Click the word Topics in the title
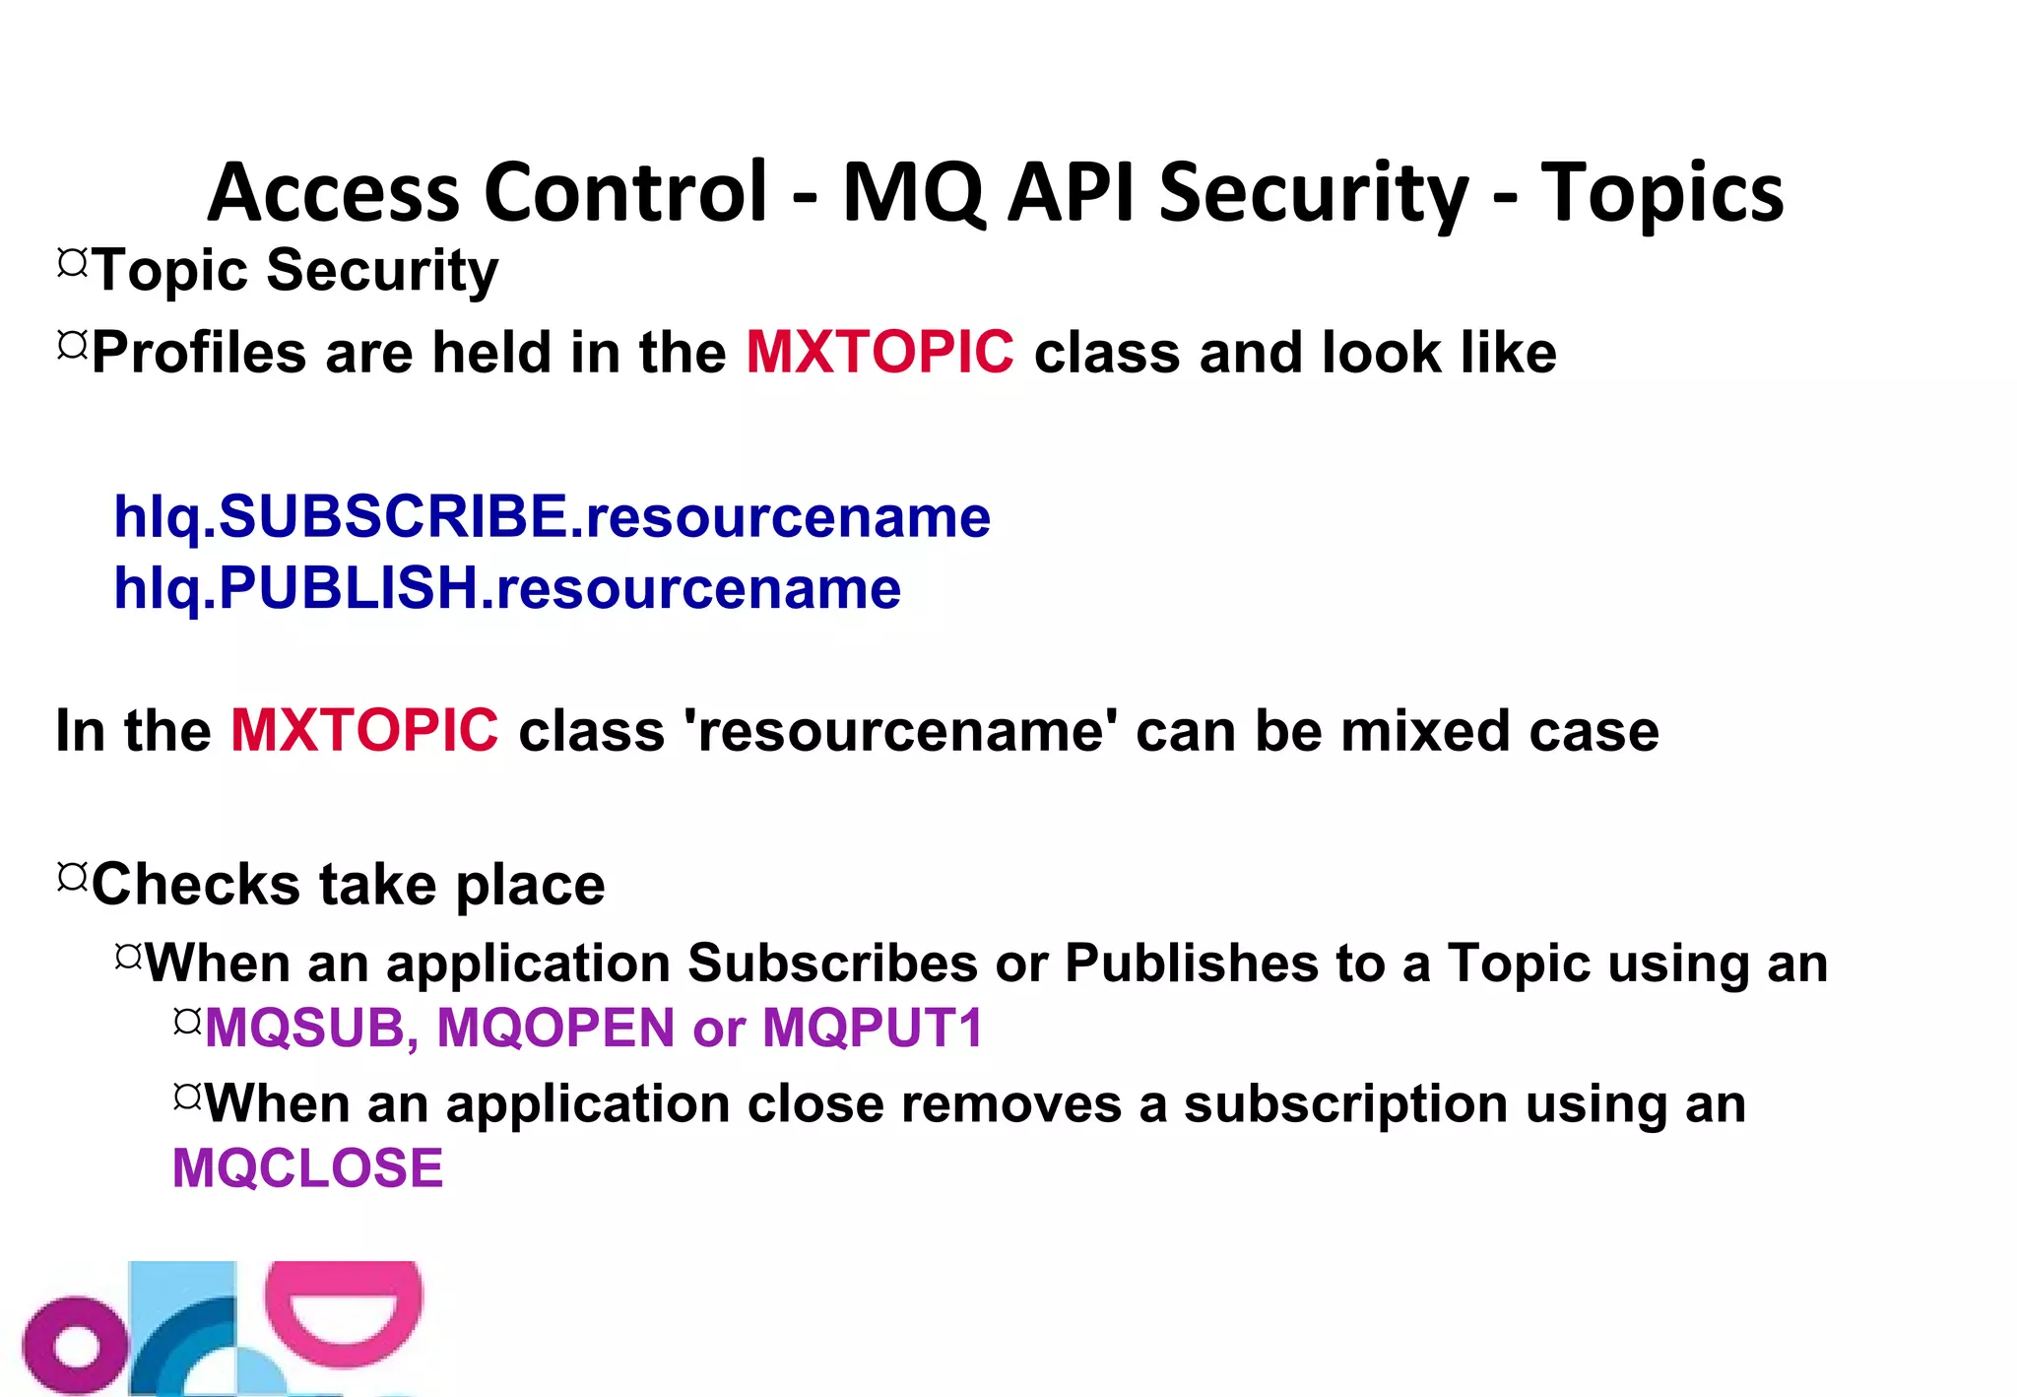pyautogui.click(x=1661, y=193)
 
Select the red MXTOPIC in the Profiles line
pyautogui.click(x=879, y=352)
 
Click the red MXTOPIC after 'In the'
pyautogui.click(x=364, y=730)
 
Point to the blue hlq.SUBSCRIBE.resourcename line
pyautogui.click(x=552, y=516)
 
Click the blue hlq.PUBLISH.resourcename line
pyautogui.click(x=507, y=588)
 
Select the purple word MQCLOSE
pyautogui.click(x=307, y=1168)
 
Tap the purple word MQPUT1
pyautogui.click(x=873, y=1028)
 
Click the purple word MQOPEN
pyautogui.click(x=555, y=1028)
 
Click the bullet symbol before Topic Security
pyautogui.click(x=72, y=263)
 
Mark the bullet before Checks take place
pyautogui.click(x=72, y=876)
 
